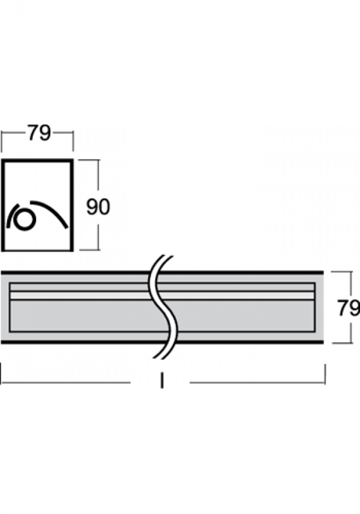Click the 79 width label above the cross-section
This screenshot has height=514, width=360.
39,133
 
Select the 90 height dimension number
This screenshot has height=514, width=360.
98,207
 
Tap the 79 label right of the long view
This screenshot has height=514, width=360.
349,308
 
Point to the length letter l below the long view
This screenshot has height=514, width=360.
162,381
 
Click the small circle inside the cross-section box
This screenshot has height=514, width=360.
24,220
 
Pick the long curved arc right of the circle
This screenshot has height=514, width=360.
52,212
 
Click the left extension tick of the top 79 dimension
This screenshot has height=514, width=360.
2,142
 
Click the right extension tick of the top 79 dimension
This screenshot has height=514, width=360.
73,141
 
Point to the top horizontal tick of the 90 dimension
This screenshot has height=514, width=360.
89,160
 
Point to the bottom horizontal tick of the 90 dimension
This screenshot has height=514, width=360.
89,250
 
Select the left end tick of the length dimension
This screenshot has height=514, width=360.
1,372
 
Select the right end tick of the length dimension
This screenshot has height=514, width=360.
325,374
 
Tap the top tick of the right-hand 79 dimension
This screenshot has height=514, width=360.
341,272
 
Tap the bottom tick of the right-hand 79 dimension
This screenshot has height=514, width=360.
342,343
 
